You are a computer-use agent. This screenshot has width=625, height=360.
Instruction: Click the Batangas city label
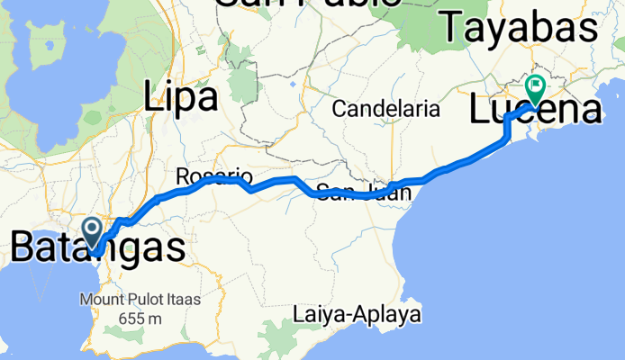pos(99,247)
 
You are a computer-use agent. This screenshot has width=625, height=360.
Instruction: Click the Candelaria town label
pos(385,110)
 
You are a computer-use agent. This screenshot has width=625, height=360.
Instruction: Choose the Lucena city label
pos(535,111)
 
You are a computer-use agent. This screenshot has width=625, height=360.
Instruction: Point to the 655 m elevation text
pos(139,318)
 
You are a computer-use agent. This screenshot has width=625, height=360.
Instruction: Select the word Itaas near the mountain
pos(180,299)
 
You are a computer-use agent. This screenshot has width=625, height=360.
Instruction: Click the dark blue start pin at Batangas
pos(92,229)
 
